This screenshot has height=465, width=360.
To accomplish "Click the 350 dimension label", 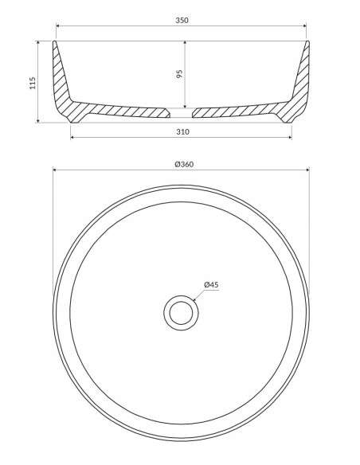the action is (182, 20).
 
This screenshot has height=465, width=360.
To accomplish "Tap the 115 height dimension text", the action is (33, 83).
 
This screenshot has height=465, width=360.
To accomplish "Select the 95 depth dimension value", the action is (179, 74).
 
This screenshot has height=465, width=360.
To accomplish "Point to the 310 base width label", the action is (182, 131).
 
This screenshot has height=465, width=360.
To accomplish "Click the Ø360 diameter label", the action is (184, 164).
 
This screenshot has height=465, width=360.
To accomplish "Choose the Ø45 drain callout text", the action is (211, 285).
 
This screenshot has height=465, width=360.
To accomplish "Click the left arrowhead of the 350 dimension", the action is (58, 25).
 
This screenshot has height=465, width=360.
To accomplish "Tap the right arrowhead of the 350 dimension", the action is (304, 25).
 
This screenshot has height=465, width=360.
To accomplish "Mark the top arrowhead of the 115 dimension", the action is (37, 43).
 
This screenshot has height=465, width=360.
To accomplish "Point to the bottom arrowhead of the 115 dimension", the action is (37, 120).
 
